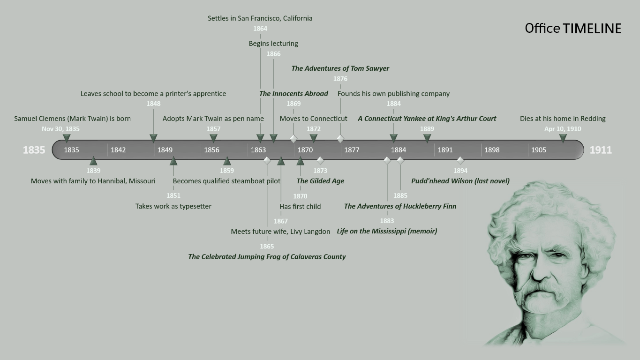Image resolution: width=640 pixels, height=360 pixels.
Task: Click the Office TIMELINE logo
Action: [573, 29]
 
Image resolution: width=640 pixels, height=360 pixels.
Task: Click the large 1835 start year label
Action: [34, 150]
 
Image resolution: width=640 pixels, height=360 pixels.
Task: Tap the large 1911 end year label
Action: [601, 150]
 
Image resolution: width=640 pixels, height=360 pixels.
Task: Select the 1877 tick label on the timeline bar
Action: [352, 150]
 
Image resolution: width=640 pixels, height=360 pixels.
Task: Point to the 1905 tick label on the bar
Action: [539, 150]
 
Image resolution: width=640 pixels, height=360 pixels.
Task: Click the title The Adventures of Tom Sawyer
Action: [340, 68]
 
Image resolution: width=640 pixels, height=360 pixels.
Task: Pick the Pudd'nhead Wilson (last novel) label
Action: [460, 181]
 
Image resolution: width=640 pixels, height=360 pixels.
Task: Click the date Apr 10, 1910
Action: [562, 129]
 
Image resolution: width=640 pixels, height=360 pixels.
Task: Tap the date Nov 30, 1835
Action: [60, 129]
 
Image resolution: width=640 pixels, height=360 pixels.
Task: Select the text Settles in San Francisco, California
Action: [260, 18]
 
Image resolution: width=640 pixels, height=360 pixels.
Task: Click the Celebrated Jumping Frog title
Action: [267, 257]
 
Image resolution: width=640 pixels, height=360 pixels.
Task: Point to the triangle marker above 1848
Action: [153, 138]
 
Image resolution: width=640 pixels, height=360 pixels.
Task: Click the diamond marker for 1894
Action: [460, 160]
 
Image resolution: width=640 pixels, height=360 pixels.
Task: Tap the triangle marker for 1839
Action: [93, 161]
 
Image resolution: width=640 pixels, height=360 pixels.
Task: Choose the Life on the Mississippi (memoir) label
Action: [387, 231]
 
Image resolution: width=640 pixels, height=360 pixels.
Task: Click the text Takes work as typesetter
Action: [173, 206]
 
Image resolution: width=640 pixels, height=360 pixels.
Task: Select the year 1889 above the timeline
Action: [427, 129]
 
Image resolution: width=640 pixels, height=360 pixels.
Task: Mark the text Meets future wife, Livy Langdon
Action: [280, 232]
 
